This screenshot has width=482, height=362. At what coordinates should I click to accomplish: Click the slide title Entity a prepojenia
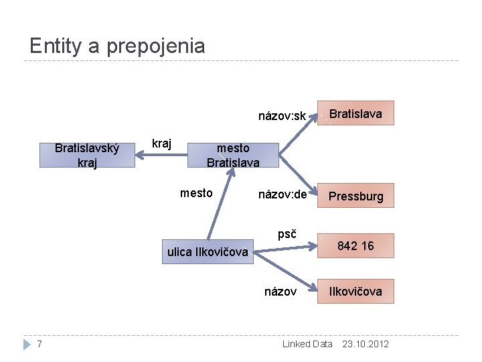tap(117, 46)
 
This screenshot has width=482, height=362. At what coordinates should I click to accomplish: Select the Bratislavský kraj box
tap(87, 155)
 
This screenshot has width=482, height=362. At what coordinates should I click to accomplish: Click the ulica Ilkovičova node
tap(208, 252)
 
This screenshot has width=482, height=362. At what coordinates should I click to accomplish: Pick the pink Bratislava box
tap(355, 113)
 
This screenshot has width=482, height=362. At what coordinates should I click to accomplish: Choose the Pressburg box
tap(355, 196)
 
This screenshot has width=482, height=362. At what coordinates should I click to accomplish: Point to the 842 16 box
tap(355, 246)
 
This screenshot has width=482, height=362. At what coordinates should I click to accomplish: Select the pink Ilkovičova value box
tap(355, 291)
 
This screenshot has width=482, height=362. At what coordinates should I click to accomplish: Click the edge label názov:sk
tap(282, 116)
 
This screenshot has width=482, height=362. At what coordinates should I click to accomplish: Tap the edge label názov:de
tap(282, 194)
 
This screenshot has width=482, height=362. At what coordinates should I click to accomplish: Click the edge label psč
tap(287, 234)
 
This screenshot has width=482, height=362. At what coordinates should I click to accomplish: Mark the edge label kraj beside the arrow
tap(161, 143)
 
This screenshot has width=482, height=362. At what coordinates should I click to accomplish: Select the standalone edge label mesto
tap(196, 193)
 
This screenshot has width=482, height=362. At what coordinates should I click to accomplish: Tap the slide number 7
tap(40, 344)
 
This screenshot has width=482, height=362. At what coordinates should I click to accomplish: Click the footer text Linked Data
tap(307, 344)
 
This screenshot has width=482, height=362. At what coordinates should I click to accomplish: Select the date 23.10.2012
tap(365, 344)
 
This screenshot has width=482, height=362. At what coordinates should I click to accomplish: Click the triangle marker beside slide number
tap(27, 344)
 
